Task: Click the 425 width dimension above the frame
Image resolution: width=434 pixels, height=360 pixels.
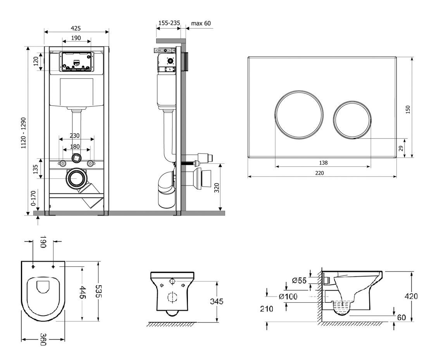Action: (x=76, y=28)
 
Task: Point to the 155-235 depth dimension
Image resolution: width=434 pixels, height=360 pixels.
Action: (x=169, y=23)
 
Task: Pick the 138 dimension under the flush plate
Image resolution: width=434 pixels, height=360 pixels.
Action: (x=323, y=163)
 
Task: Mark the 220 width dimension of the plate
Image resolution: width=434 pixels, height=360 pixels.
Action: (x=319, y=173)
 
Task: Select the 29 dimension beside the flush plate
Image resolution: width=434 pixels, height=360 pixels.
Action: (x=401, y=148)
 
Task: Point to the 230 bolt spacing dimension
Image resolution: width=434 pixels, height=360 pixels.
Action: (x=75, y=136)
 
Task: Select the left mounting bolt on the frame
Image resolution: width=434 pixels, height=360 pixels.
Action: (x=62, y=163)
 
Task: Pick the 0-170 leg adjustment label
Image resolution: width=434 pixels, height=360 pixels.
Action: (x=33, y=199)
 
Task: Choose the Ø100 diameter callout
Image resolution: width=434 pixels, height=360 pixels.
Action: (x=288, y=297)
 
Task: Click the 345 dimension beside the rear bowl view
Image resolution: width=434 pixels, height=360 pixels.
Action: (x=217, y=301)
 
